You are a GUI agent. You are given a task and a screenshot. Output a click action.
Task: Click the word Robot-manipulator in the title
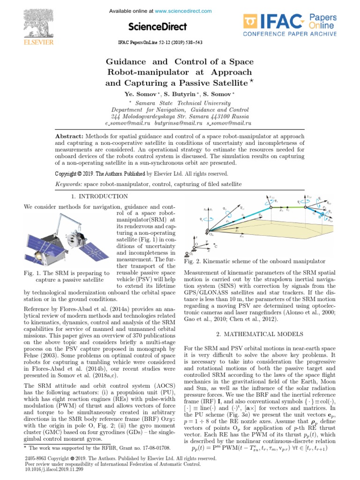coord(147,73)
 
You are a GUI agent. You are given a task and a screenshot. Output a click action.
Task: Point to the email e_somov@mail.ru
coord(129,123)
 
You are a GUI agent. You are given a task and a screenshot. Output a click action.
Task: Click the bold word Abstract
coord(69,136)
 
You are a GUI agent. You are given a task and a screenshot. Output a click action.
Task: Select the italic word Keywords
coord(68,185)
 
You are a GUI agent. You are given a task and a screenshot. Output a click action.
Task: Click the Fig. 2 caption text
coord(255,261)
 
